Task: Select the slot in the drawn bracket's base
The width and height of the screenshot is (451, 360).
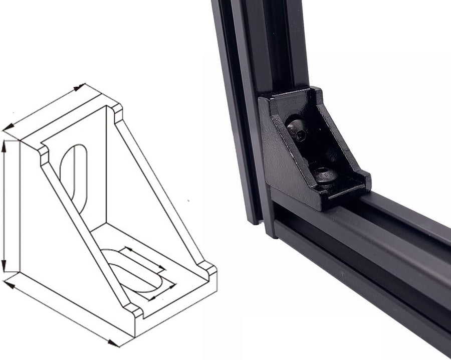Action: [133, 271]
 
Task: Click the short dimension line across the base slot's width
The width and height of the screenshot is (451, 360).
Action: [163, 291]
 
